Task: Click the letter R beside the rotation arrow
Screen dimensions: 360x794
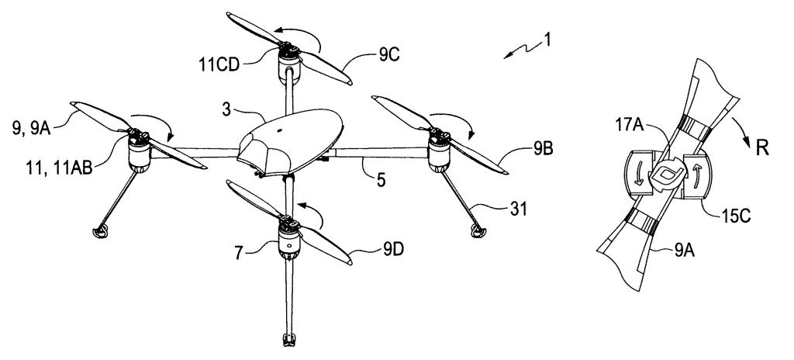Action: pos(763,149)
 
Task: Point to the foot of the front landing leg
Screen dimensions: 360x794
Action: pos(288,339)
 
